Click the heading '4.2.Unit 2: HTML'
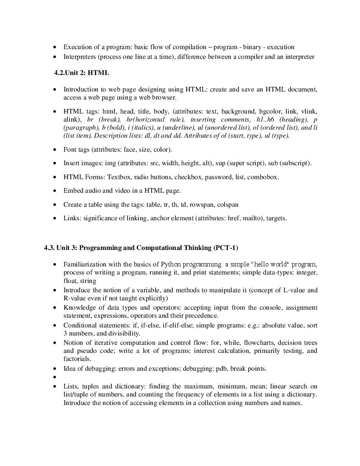pos(81,73)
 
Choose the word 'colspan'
pos(227,205)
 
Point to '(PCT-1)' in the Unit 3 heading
pos(226,248)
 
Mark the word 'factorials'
pos(77,359)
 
